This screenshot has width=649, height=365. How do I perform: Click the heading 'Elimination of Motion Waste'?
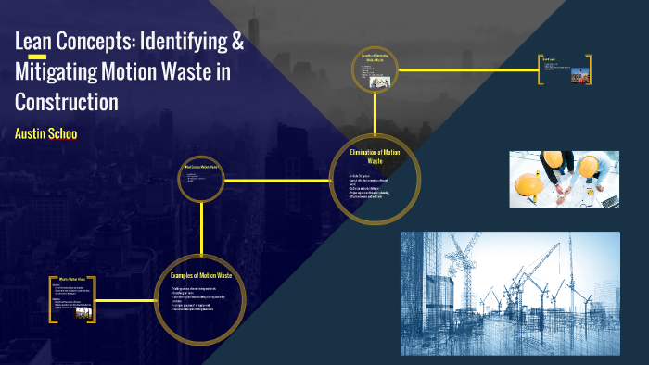[375, 155]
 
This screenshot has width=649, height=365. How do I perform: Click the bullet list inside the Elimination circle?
[374, 185]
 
